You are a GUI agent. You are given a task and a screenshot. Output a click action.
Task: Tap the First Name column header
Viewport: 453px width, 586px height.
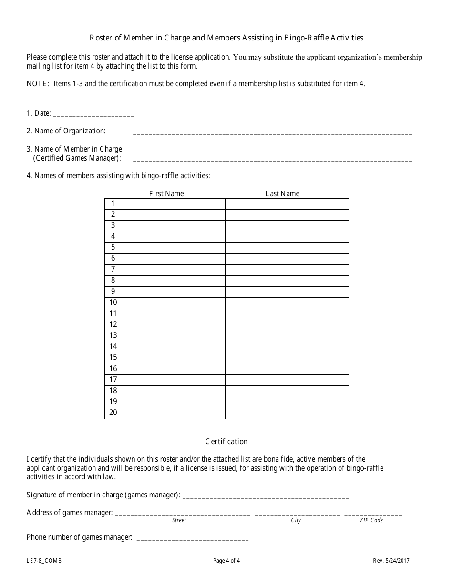pyautogui.click(x=166, y=193)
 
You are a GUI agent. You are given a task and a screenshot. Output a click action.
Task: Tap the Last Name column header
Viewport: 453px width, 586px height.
pyautogui.click(x=282, y=193)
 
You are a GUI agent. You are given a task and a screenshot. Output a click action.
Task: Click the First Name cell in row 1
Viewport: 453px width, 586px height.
pyautogui.click(x=173, y=203)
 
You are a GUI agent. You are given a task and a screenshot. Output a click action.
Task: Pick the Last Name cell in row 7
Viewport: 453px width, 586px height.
pyautogui.click(x=287, y=270)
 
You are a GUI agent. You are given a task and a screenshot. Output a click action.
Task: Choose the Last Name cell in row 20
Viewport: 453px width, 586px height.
pyautogui.click(x=287, y=413)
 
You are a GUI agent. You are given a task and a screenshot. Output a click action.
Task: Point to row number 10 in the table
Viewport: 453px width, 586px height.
pyautogui.click(x=113, y=303)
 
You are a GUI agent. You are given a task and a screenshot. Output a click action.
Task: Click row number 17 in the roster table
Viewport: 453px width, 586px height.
pyautogui.click(x=113, y=380)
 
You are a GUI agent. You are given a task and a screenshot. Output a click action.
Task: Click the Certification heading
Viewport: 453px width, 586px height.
pyautogui.click(x=226, y=442)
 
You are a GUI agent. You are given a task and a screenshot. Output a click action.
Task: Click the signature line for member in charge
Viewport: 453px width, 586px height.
pyautogui.click(x=266, y=496)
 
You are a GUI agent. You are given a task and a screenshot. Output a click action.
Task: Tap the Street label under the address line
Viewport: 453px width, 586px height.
pyautogui.click(x=179, y=520)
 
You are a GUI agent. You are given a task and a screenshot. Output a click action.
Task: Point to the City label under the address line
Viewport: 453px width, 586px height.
pyautogui.click(x=296, y=520)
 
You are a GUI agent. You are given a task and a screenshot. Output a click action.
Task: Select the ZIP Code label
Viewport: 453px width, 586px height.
pyautogui.click(x=371, y=520)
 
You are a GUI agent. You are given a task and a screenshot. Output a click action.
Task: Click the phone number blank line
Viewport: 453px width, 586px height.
pyautogui.click(x=192, y=539)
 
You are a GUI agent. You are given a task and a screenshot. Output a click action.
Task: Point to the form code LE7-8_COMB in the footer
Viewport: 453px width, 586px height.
pyautogui.click(x=44, y=561)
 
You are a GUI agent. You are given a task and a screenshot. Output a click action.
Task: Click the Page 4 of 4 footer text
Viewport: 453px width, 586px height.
pyautogui.click(x=226, y=561)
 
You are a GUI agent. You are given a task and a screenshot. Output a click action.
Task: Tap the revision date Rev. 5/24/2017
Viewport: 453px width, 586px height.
pyautogui.click(x=391, y=561)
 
